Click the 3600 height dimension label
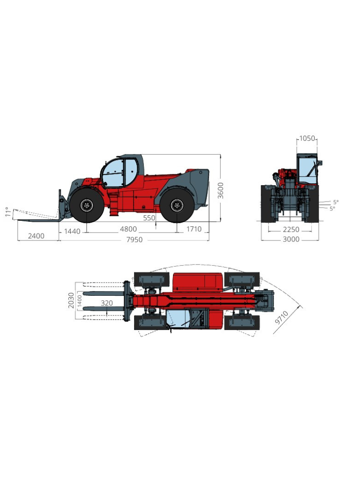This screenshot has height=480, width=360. (221, 190)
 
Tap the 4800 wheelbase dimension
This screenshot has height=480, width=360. (128, 229)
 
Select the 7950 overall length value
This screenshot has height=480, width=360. (135, 240)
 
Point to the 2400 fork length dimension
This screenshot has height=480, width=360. (36, 236)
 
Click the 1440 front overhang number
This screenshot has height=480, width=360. (72, 231)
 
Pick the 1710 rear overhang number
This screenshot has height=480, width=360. (194, 229)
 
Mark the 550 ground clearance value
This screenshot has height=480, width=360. (149, 218)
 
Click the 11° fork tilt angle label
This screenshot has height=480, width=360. (8, 212)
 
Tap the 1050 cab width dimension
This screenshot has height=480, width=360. (307, 138)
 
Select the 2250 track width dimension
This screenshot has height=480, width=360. (291, 230)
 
